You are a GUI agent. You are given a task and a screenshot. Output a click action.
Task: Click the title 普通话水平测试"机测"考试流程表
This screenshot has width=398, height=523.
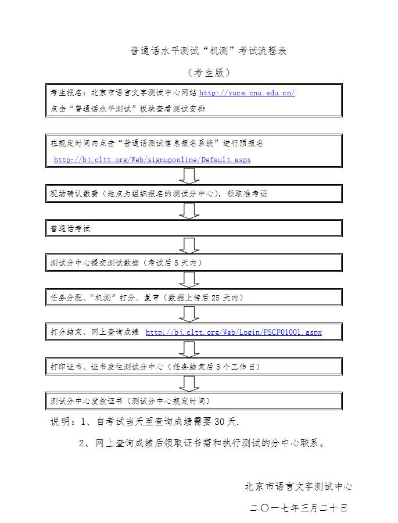(208, 51)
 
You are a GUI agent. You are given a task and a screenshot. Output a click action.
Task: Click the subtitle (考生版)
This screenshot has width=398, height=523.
(209, 73)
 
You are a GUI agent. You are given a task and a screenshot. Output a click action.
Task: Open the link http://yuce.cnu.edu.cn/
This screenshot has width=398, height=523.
(247, 92)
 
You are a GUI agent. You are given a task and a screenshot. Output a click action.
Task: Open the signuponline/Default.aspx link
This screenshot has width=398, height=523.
(152, 159)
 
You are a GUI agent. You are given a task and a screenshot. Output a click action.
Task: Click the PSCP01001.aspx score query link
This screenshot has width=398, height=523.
(234, 332)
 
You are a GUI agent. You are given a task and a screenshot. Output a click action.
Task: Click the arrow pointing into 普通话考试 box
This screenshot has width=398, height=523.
(189, 211)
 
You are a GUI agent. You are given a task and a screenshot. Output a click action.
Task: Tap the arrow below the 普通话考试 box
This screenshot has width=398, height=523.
(189, 245)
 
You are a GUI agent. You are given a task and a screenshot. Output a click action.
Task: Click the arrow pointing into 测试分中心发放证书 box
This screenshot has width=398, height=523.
(189, 384)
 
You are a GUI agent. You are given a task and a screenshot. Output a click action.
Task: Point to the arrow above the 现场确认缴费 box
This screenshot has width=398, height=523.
(189, 176)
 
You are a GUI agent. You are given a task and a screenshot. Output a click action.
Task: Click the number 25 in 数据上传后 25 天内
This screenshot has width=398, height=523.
(216, 298)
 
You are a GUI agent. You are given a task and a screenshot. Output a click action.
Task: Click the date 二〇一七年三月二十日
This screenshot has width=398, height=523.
(299, 507)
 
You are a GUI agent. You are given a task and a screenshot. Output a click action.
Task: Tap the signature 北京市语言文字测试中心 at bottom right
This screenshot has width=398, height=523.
(298, 486)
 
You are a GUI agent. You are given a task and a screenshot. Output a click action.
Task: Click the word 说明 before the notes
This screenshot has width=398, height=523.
(60, 421)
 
